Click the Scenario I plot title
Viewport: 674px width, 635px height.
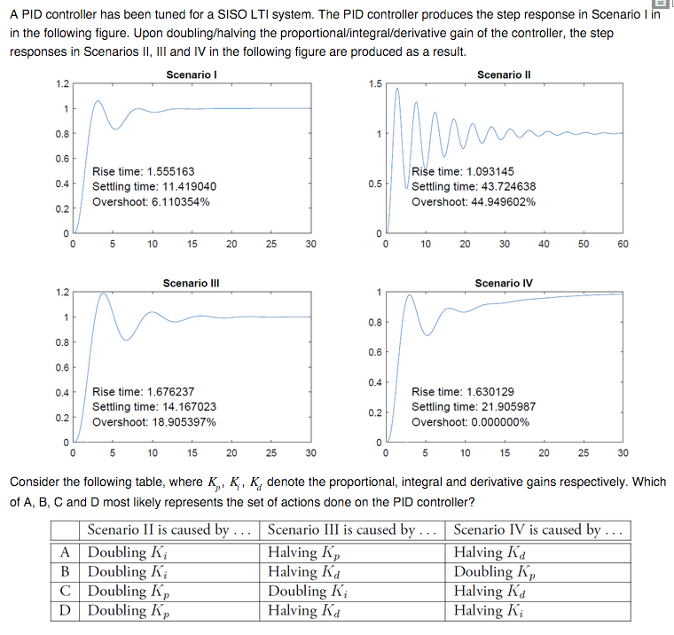click(192, 74)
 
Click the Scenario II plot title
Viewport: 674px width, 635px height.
click(503, 74)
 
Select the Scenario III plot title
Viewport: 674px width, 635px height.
click(191, 283)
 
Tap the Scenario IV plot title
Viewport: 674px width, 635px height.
click(503, 283)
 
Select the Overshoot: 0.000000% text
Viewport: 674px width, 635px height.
click(470, 421)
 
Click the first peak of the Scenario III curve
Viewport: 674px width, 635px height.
click(105, 293)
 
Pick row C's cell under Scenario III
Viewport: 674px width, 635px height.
click(310, 591)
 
